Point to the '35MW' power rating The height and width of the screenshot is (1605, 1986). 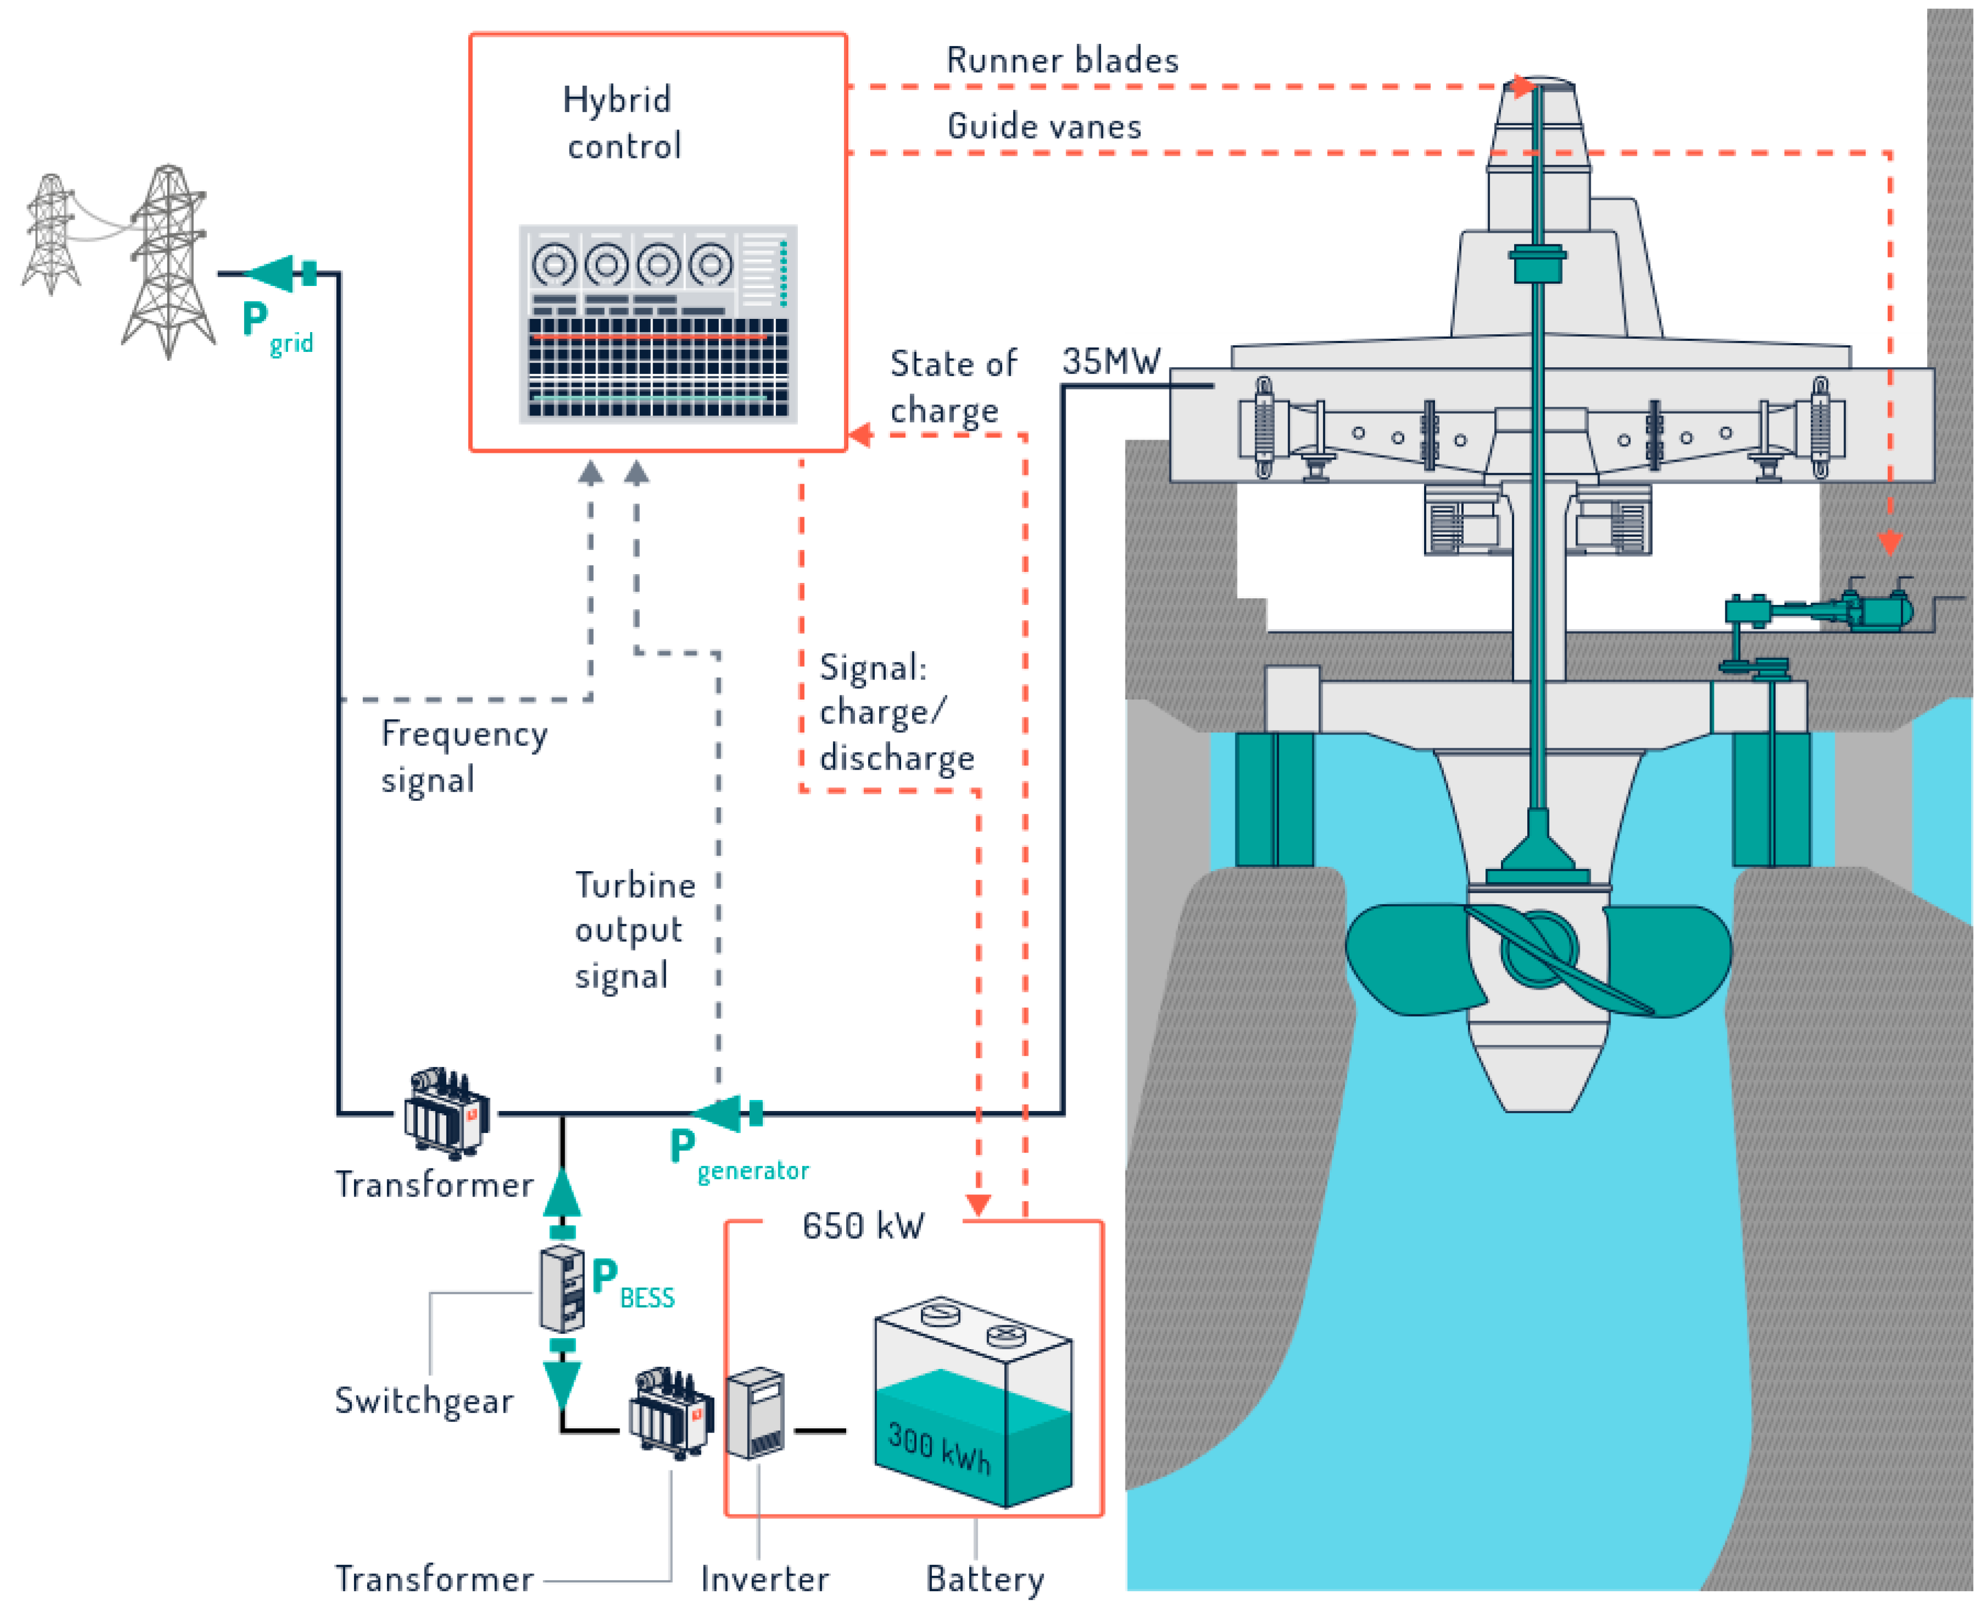[1111, 361]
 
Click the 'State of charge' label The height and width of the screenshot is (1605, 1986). [953, 386]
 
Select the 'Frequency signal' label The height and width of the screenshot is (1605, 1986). [464, 756]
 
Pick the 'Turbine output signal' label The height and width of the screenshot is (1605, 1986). [635, 930]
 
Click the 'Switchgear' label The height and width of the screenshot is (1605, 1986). [424, 1401]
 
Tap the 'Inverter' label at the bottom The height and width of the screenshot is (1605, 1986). [764, 1578]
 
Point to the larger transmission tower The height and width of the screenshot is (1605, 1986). [167, 262]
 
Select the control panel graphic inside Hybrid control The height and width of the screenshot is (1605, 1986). [658, 324]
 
